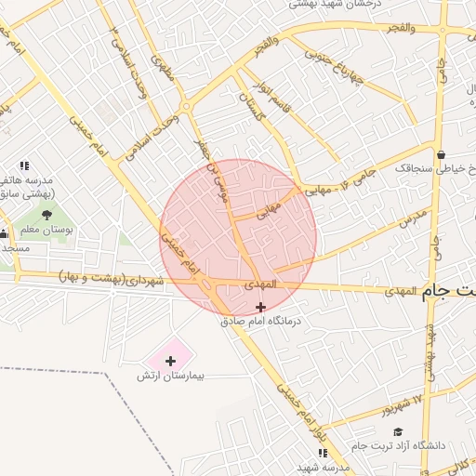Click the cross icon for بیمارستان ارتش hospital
(x=171, y=360)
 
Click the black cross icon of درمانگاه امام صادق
(x=260, y=307)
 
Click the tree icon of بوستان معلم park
(x=46, y=215)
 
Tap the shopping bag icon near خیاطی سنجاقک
(x=441, y=155)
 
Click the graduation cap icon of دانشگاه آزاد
(x=398, y=431)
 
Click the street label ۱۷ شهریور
(x=403, y=405)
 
